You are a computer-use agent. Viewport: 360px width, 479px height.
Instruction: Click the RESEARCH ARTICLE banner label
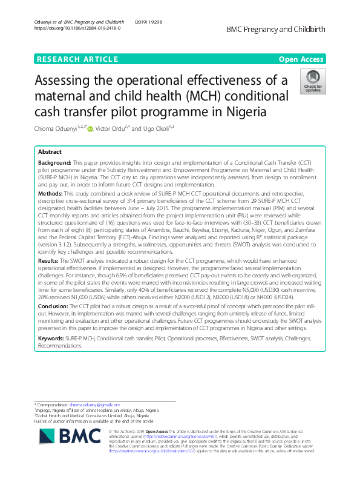coord(77,59)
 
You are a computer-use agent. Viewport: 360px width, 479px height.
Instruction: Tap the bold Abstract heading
coord(50,152)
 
